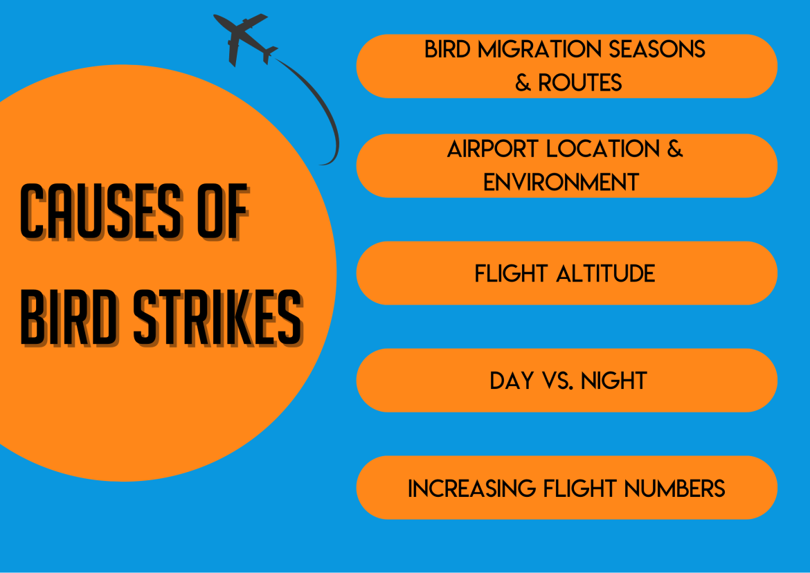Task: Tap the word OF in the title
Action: [x=223, y=212]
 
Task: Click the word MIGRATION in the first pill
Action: [x=540, y=50]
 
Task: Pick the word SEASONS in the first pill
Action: [x=656, y=50]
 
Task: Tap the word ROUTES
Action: [x=579, y=82]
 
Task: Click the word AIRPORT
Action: [x=494, y=149]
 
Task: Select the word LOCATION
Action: [x=603, y=149]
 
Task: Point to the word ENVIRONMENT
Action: [x=561, y=182]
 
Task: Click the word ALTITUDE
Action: [x=606, y=273]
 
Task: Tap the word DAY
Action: [x=512, y=381]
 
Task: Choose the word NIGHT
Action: [x=613, y=381]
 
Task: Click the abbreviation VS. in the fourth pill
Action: [x=557, y=381]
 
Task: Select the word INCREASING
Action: [x=471, y=489]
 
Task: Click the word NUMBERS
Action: [x=675, y=489]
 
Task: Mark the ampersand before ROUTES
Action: [x=523, y=82]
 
